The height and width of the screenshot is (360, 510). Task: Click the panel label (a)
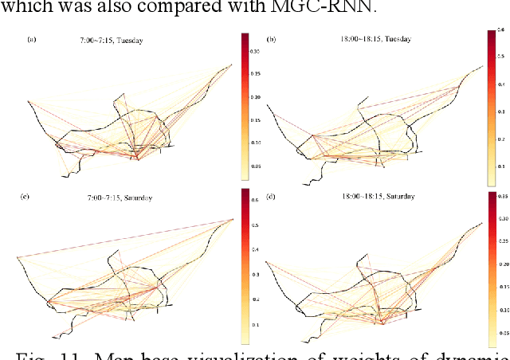tap(32, 38)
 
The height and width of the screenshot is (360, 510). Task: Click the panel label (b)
tap(271, 38)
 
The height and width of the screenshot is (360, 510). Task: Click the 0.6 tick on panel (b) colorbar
tap(502, 33)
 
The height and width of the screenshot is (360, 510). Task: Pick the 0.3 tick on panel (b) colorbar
tap(502, 112)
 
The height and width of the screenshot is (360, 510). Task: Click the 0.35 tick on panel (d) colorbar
tap(502, 194)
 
